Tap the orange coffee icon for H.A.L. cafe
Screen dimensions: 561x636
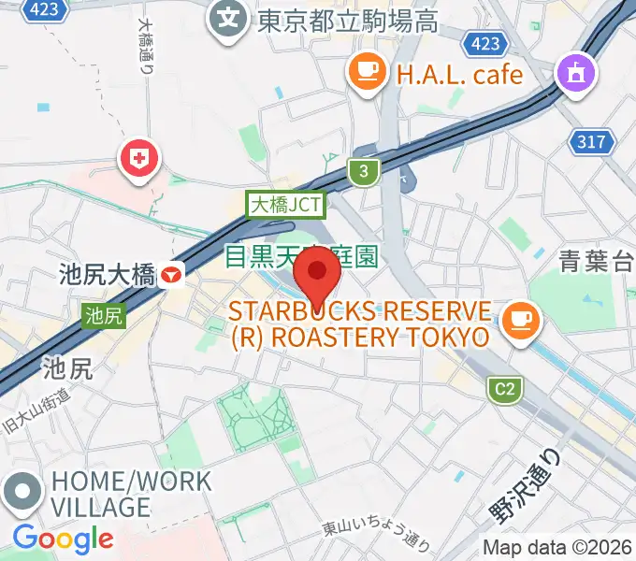pyautogui.click(x=368, y=71)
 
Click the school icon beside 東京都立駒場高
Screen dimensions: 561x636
pyautogui.click(x=228, y=18)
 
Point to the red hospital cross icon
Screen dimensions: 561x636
pyautogui.click(x=139, y=158)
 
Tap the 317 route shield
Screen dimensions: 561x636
pyautogui.click(x=592, y=142)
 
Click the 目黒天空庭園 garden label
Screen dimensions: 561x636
pyautogui.click(x=301, y=255)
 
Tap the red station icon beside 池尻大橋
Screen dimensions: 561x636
pyautogui.click(x=172, y=275)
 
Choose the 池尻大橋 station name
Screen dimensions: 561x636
pyautogui.click(x=107, y=275)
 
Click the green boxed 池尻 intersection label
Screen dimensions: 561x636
pyautogui.click(x=103, y=316)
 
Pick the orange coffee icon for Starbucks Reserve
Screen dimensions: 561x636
pyautogui.click(x=517, y=320)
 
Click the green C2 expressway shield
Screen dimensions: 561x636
pyautogui.click(x=505, y=389)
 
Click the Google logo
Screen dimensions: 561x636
pyautogui.click(x=63, y=539)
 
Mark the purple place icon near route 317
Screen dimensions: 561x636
pyautogui.click(x=573, y=75)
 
